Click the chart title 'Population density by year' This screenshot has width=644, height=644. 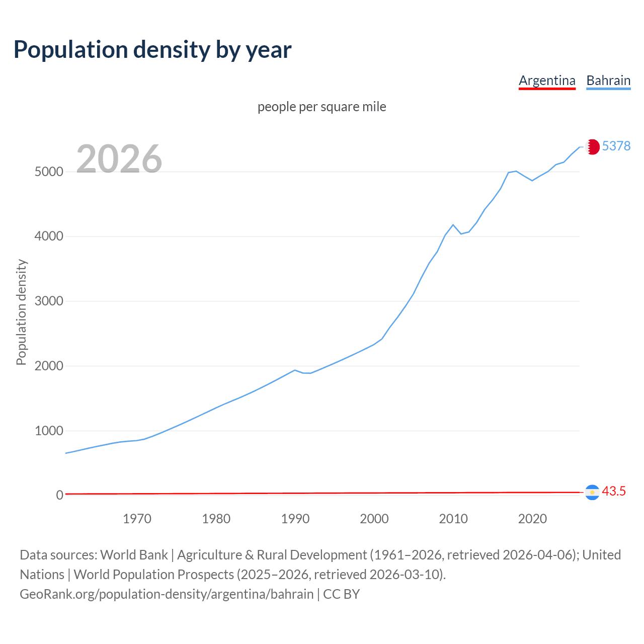click(x=152, y=49)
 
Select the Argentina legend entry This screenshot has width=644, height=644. click(x=547, y=80)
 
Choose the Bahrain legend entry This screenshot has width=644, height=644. click(x=608, y=80)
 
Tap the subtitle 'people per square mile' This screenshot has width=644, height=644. click(x=322, y=107)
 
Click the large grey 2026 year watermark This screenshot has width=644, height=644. click(x=119, y=159)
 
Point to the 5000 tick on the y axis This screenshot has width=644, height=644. click(x=49, y=172)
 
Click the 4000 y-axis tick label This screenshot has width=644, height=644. click(x=49, y=236)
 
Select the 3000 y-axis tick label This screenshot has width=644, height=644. click(x=49, y=301)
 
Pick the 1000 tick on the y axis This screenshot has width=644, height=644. click(x=49, y=431)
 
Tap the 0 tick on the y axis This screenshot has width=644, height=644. click(x=60, y=495)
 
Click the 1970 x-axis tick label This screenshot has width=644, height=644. click(x=137, y=519)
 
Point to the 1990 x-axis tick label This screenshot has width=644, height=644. click(x=295, y=519)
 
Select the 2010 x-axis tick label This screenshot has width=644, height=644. click(x=453, y=519)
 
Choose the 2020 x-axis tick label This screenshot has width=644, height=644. click(x=532, y=519)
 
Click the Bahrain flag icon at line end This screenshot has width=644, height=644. click(x=593, y=146)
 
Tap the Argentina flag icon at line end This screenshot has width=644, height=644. click(x=593, y=492)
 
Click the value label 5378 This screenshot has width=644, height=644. click(x=616, y=146)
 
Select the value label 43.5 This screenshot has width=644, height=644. click(x=614, y=491)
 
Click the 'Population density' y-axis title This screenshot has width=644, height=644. click(x=21, y=312)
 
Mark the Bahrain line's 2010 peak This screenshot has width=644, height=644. click(x=453, y=225)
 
